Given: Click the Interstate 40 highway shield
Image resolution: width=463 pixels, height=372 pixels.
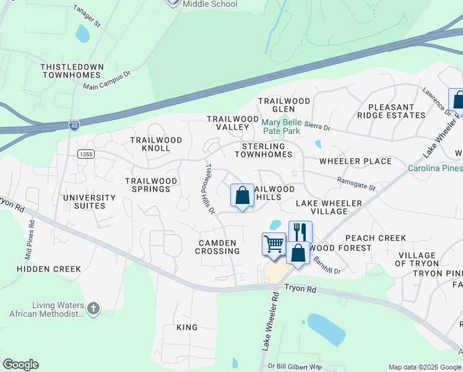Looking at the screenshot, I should [74, 125].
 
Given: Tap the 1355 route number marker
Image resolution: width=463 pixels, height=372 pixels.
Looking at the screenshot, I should [85, 153].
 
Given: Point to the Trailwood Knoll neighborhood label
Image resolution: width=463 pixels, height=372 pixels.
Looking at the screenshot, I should [156, 144].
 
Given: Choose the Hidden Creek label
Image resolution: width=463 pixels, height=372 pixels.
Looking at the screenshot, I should [49, 269].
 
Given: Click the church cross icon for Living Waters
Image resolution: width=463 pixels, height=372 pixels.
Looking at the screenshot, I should [93, 309].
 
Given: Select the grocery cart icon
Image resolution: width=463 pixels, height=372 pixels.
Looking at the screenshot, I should [273, 243].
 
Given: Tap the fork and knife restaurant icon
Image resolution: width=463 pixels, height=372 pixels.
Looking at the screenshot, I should [300, 232].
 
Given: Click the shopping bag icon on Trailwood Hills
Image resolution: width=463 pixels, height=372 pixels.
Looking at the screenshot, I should [243, 195].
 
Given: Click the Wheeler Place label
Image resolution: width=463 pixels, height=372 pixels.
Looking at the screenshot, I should [355, 161].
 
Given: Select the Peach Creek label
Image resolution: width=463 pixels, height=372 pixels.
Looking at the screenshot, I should [376, 238].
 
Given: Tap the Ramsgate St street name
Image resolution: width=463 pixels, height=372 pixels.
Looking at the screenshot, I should [357, 184].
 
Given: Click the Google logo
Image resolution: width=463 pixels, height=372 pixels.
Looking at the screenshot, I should [20, 365].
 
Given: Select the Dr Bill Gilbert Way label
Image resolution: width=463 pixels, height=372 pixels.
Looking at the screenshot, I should [295, 366].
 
